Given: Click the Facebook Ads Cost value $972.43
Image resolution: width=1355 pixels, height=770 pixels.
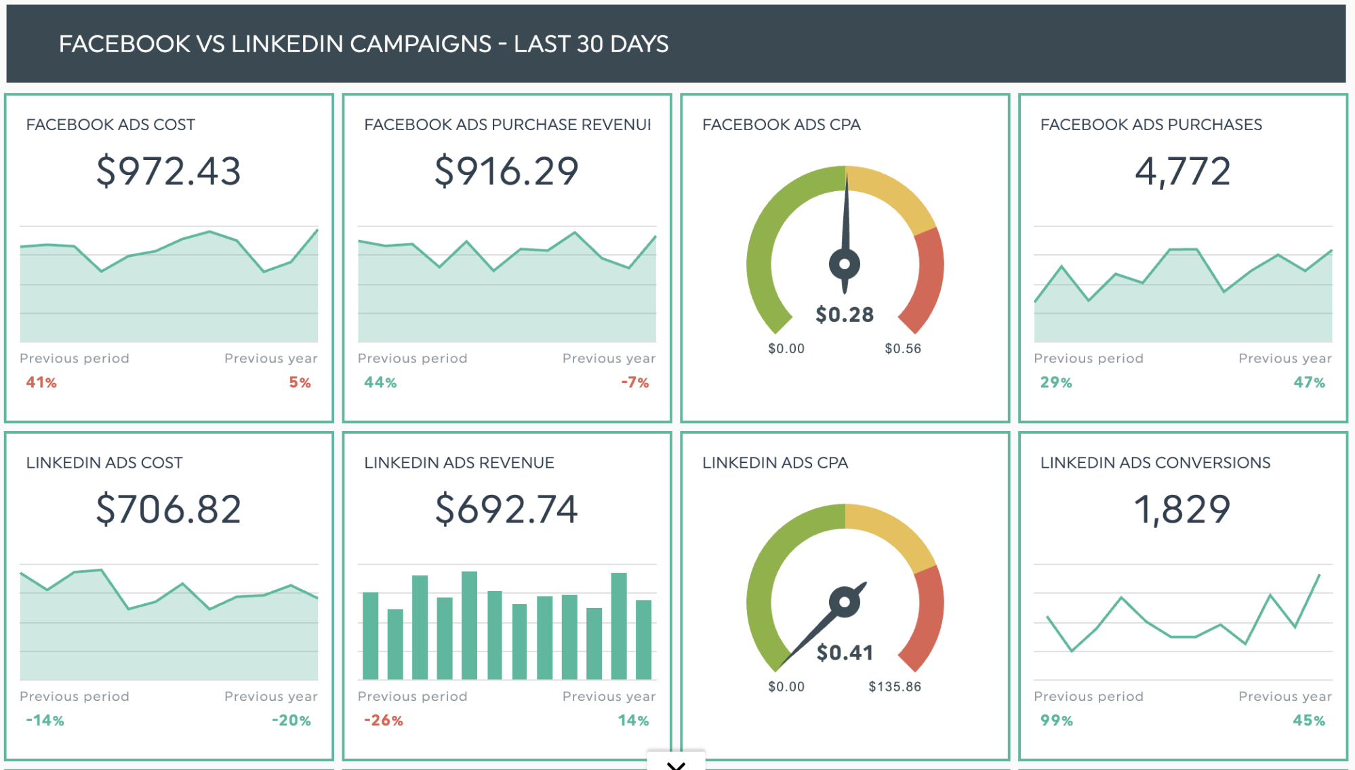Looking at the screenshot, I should click(168, 171).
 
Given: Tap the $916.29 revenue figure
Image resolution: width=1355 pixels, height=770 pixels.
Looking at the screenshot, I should click(506, 171).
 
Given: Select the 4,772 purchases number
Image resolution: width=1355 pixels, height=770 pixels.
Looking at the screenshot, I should click(1182, 171).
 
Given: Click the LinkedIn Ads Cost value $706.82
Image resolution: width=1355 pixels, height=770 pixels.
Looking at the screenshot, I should click(168, 509).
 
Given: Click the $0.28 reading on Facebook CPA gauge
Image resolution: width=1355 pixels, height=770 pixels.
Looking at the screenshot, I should click(845, 315).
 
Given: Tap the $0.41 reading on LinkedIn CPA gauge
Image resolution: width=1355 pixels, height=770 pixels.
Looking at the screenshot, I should click(845, 653).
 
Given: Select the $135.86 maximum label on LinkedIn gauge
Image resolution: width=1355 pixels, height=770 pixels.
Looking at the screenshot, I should click(895, 687).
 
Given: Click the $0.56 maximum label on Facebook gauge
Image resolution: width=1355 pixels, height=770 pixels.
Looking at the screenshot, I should click(903, 348).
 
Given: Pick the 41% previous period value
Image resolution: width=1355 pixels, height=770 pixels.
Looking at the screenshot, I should click(41, 382).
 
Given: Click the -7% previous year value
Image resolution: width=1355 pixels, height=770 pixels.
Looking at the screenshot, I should click(635, 382).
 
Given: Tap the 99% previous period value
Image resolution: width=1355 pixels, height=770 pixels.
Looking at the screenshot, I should click(1056, 721).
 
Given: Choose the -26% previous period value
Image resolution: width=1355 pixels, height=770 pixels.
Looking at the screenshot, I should click(384, 721).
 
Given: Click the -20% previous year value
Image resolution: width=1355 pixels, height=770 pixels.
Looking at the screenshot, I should click(291, 721).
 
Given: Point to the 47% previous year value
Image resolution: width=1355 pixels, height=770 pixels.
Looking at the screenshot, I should click(1309, 382).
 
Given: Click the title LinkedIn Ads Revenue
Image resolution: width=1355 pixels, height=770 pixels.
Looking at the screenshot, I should click(459, 463).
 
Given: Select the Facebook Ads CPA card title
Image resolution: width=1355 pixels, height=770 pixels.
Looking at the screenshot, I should click(781, 125).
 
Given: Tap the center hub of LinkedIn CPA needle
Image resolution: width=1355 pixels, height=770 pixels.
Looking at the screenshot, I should click(845, 601).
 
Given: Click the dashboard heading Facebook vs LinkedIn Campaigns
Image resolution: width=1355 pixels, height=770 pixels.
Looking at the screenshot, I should click(363, 44).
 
